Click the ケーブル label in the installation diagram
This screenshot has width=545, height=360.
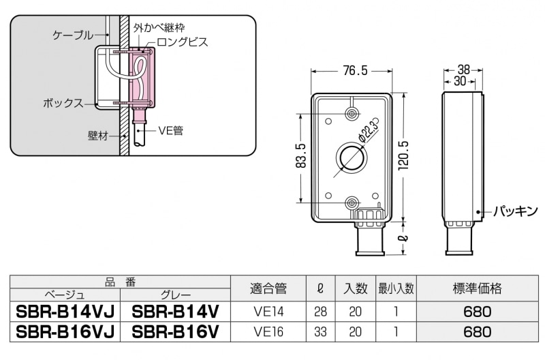point(72,33)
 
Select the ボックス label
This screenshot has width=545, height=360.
point(63,104)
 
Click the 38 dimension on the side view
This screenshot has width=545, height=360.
point(463,70)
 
